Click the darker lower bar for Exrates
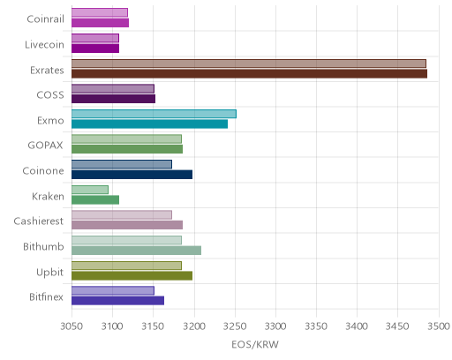click(x=249, y=73)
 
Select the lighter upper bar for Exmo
click(x=154, y=114)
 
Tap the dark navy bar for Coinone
click(x=132, y=175)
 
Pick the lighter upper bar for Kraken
click(x=90, y=190)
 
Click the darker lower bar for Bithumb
click(x=136, y=251)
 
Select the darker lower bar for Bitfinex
click(x=117, y=301)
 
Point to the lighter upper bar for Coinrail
click(x=100, y=12)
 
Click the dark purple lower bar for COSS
click(x=113, y=99)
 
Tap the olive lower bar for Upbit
click(x=132, y=275)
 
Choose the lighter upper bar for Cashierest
click(x=122, y=214)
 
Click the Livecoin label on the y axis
click(x=44, y=45)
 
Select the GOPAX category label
click(x=46, y=146)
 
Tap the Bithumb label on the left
click(x=43, y=246)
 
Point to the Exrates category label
click(x=47, y=71)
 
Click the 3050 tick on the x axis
click(x=72, y=326)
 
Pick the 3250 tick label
click(x=235, y=326)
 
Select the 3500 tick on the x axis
click(x=439, y=326)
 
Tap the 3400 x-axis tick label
click(x=357, y=326)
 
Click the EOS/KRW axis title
click(x=255, y=344)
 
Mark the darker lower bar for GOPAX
click(x=127, y=149)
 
